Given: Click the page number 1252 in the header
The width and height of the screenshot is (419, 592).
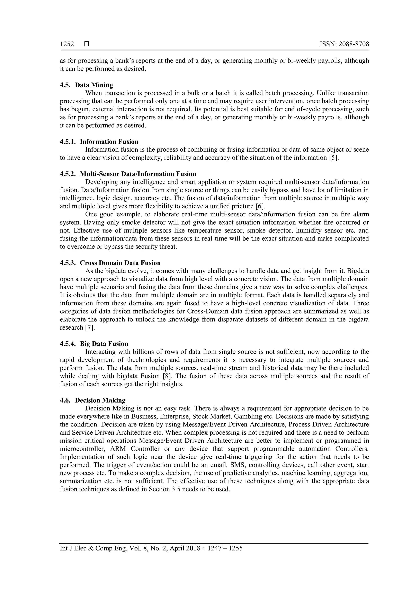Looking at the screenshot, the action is click(67, 44).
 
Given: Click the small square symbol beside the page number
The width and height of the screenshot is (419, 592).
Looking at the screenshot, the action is click(87, 44).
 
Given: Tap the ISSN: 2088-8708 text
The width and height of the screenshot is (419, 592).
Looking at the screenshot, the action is click(344, 44).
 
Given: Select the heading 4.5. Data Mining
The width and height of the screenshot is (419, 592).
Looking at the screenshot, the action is click(87, 85).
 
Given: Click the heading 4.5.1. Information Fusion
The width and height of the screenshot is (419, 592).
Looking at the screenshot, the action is click(99, 142).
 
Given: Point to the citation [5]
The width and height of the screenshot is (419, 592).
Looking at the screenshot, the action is click(333, 158).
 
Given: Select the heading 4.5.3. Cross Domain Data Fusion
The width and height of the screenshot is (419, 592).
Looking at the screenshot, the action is click(110, 263).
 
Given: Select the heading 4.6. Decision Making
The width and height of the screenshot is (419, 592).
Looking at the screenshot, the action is click(93, 400).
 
